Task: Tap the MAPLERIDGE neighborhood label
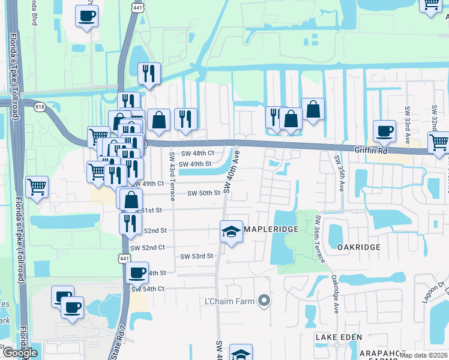268,229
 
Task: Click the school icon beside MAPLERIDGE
230,232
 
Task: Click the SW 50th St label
204,193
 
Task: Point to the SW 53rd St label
197,256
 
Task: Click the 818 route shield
40,107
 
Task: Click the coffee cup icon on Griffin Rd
384,131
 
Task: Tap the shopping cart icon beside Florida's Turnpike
37,187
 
